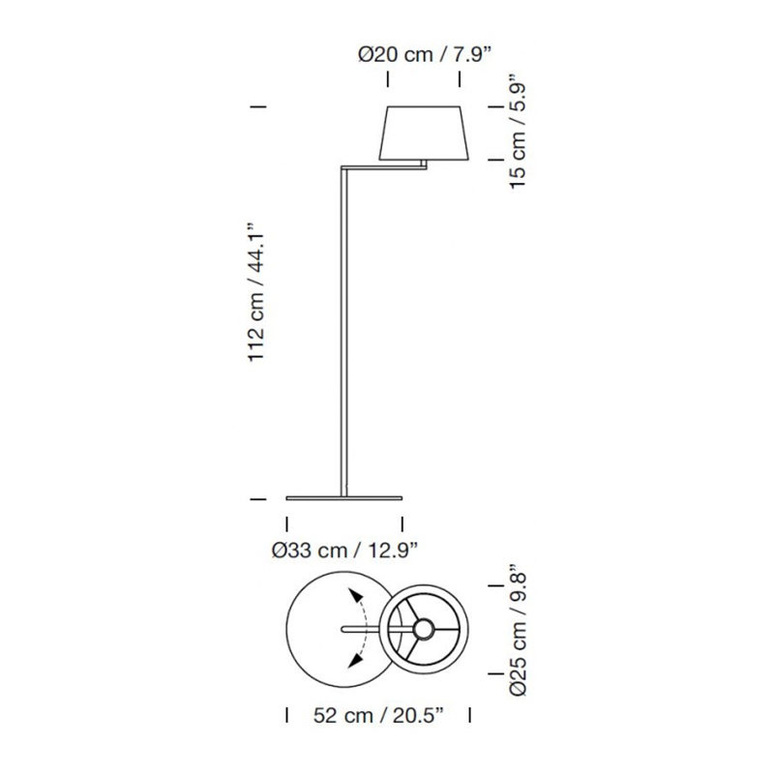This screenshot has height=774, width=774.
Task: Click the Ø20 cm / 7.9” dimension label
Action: pyautogui.click(x=425, y=55)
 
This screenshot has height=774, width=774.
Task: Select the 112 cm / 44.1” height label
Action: pyautogui.click(x=256, y=292)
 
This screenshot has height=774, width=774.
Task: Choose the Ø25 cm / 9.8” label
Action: pyautogui.click(x=518, y=635)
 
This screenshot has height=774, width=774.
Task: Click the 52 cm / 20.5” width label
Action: pyautogui.click(x=378, y=715)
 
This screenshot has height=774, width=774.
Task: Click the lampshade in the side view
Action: pyautogui.click(x=424, y=133)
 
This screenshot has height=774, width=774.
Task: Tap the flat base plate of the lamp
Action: pyautogui.click(x=344, y=498)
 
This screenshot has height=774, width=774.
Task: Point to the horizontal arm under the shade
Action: pyautogui.click(x=383, y=168)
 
